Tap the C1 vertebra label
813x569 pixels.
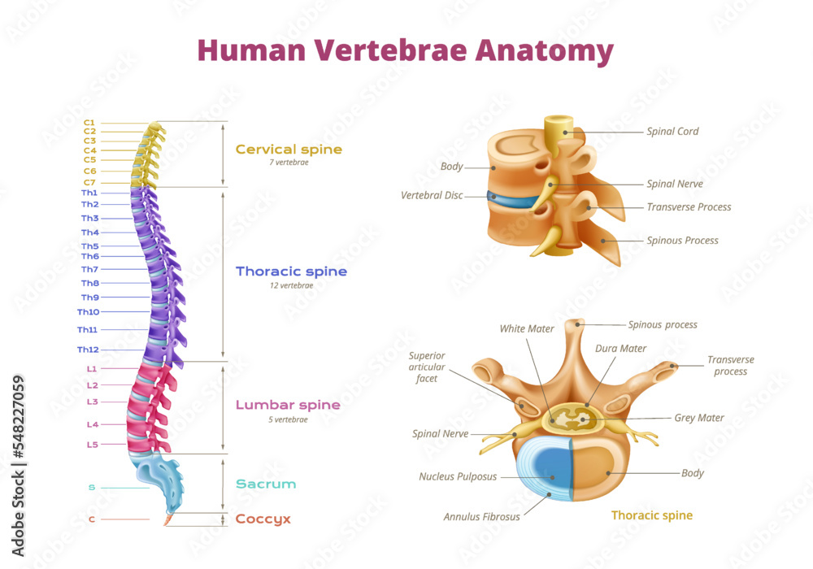point(89,122)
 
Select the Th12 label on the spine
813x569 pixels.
point(88,350)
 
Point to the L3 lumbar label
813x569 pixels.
point(92,402)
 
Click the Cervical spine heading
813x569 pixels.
point(289,150)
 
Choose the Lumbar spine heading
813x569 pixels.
point(288,405)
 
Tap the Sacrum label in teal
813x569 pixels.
point(265,484)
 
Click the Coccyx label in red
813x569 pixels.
point(263,519)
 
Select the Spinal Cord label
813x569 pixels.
point(672,131)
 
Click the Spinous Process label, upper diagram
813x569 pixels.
point(682,241)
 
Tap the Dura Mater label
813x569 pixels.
point(620,349)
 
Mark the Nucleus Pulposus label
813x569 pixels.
point(458,476)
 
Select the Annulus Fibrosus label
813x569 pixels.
point(481,516)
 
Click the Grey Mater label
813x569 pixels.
point(698,418)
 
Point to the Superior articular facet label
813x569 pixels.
point(428,367)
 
